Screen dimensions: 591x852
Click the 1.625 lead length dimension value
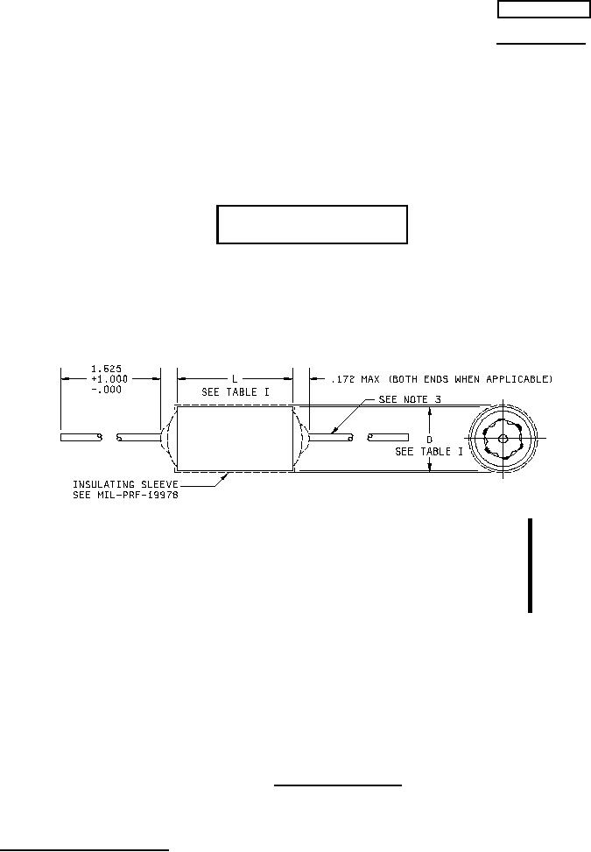pyautogui.click(x=107, y=370)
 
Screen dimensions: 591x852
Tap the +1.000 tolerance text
pyautogui.click(x=109, y=379)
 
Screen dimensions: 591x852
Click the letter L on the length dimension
pyautogui.click(x=235, y=379)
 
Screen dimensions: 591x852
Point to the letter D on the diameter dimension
pyautogui.click(x=429, y=439)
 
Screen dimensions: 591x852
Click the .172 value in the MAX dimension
pyautogui.click(x=342, y=379)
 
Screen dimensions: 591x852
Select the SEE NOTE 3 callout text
pyautogui.click(x=410, y=400)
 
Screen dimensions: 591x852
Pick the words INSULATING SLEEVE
pyautogui.click(x=125, y=484)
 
